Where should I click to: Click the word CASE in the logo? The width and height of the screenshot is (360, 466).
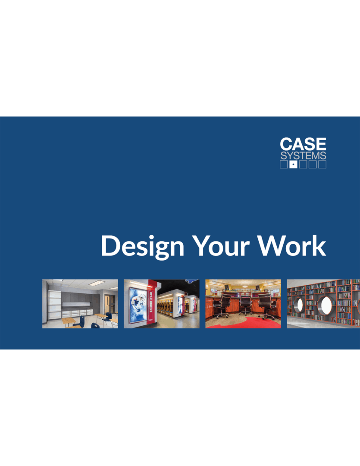pos(303,144)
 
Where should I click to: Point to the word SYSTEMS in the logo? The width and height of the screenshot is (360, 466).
pos(303,156)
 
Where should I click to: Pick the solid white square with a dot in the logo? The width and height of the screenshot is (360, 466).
pos(293,164)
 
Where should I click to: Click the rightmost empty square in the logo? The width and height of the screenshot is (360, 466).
pos(322,164)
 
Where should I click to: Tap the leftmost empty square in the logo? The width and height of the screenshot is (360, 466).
pos(284,164)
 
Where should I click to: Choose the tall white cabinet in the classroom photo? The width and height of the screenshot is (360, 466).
pos(55,305)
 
